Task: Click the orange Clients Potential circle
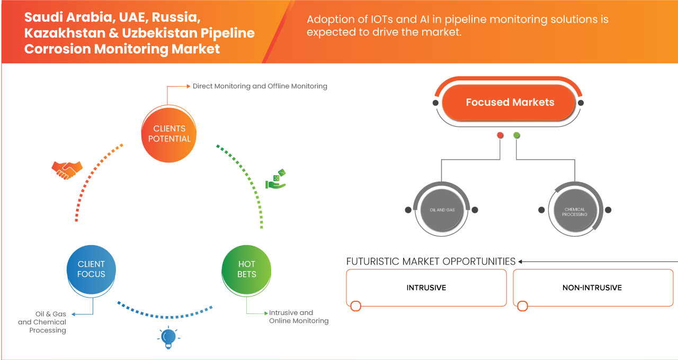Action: point(169,133)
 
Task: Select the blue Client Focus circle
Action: point(91,269)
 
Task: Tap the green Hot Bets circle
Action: point(247,269)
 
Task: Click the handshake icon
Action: point(67,169)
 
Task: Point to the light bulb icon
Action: point(168,337)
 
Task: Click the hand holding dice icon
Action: point(275,179)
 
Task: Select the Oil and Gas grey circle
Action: point(441,210)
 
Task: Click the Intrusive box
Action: point(426,287)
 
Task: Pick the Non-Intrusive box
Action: point(592,287)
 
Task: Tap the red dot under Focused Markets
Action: point(500,136)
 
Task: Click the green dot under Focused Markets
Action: point(517,136)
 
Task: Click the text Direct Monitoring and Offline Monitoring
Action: point(260,86)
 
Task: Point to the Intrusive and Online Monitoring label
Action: point(298,317)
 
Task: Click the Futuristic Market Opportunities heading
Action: point(431,262)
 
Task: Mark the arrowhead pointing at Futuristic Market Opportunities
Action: point(521,262)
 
